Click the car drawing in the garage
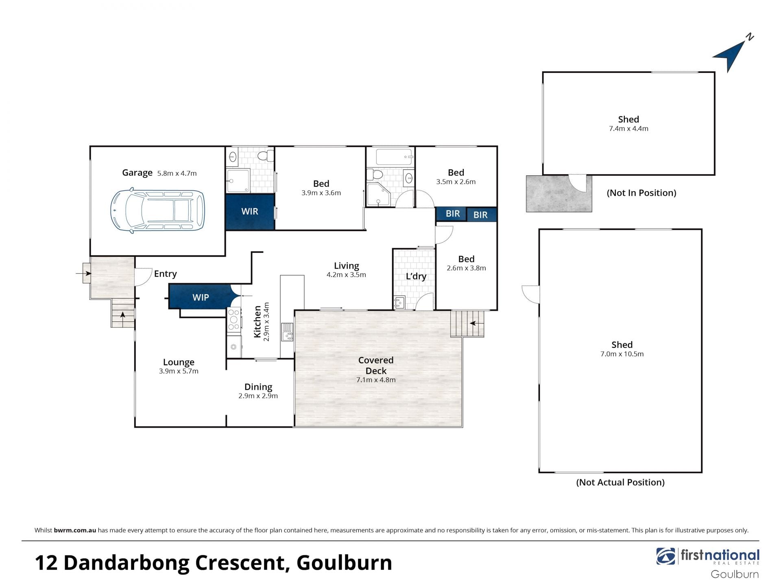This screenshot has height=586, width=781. pyautogui.click(x=157, y=210)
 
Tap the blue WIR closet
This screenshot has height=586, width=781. pyautogui.click(x=250, y=212)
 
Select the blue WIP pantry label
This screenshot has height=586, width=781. pyautogui.click(x=201, y=297)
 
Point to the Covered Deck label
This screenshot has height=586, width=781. pyautogui.click(x=376, y=365)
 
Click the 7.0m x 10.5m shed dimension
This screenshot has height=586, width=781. pyautogui.click(x=622, y=354)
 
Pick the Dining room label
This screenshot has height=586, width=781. pyautogui.click(x=258, y=387)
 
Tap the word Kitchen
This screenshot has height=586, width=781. pyautogui.click(x=257, y=322)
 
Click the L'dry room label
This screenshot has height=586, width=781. pyautogui.click(x=416, y=276)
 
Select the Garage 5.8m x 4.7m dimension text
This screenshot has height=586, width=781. pyautogui.click(x=177, y=173)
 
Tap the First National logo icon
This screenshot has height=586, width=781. pyautogui.click(x=665, y=556)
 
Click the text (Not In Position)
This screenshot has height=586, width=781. pyautogui.click(x=641, y=193)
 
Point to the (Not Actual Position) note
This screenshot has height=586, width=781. pyautogui.click(x=620, y=482)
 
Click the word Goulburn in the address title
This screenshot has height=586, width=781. pyautogui.click(x=344, y=563)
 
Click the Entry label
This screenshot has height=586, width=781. pyautogui.click(x=165, y=274)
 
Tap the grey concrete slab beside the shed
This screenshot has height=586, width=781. pyautogui.click(x=558, y=194)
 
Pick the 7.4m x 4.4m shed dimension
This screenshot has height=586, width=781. pyautogui.click(x=628, y=129)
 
